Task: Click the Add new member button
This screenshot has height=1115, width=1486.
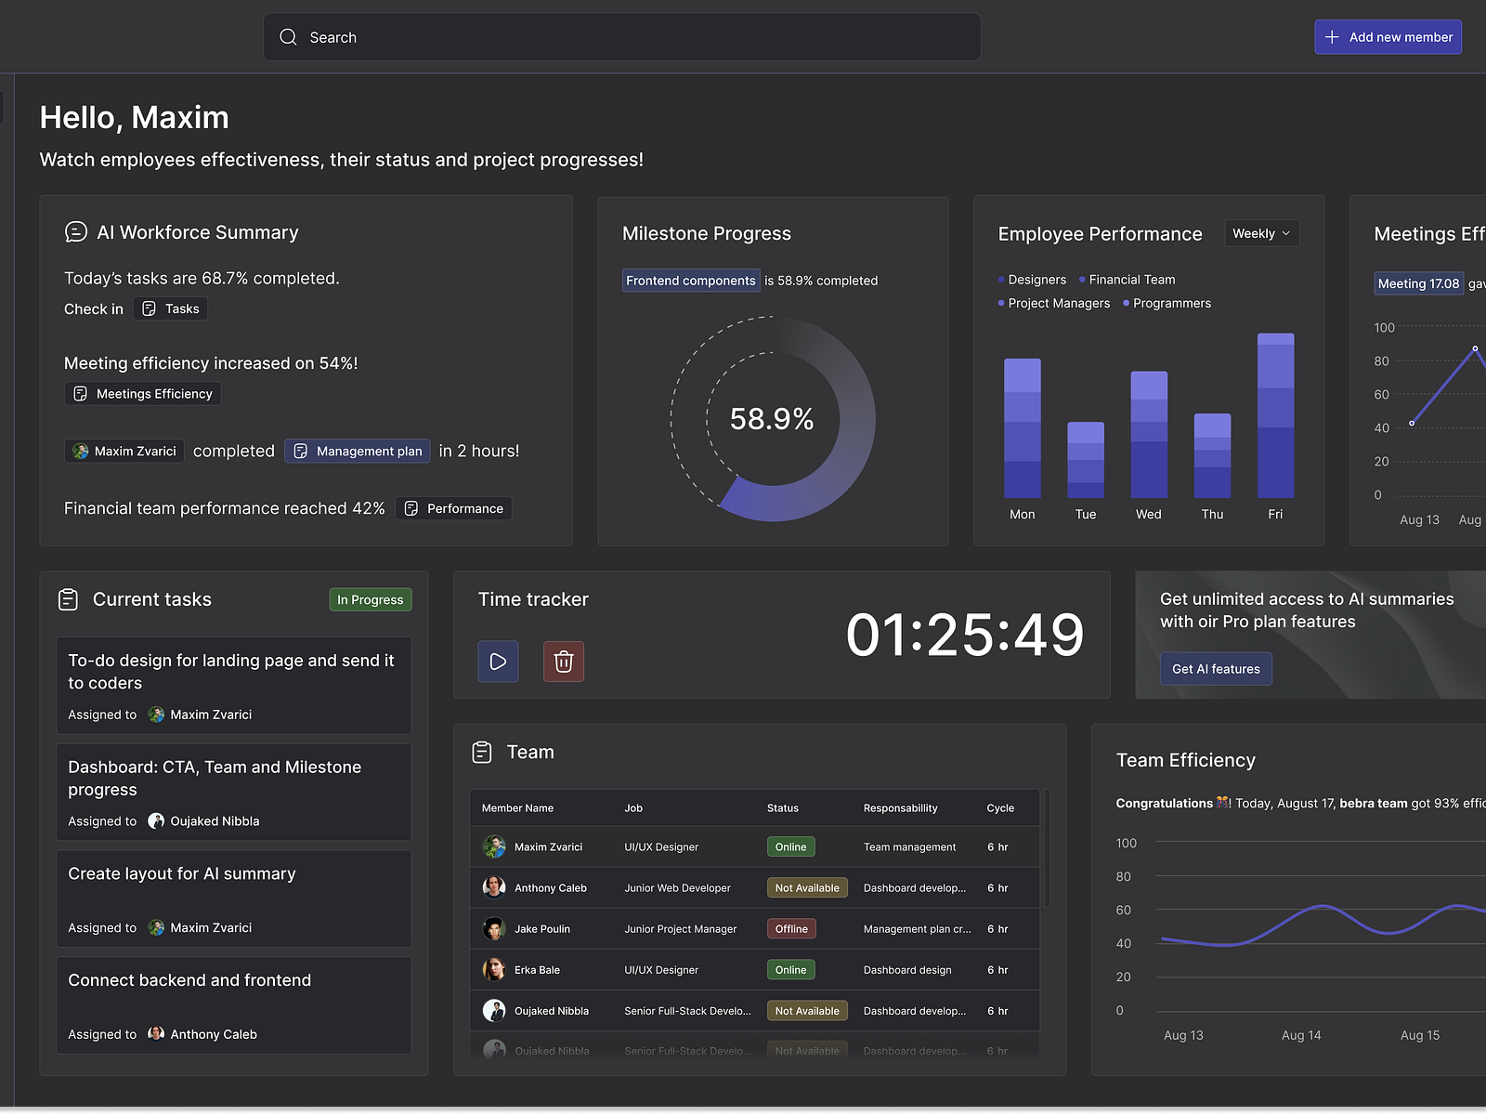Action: pos(1388,37)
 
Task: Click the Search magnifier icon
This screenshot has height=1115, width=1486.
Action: pos(289,37)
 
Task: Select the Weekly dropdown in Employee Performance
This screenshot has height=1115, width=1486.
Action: pos(1260,233)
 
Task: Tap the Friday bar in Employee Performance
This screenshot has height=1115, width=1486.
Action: pos(1275,415)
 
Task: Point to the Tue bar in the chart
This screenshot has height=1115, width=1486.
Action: pos(1086,460)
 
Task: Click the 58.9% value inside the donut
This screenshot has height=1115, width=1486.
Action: pos(772,419)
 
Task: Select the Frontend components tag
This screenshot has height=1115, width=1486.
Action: pos(690,281)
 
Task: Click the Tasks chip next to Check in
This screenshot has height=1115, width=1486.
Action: pos(171,308)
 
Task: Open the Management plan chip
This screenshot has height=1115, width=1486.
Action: pos(358,451)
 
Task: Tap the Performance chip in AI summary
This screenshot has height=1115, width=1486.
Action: pos(454,508)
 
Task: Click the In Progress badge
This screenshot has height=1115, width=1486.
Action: pos(370,600)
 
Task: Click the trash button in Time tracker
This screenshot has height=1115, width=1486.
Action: pos(564,662)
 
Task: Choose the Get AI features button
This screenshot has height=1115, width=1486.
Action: pos(1216,669)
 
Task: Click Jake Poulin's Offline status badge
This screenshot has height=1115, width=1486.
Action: pos(791,929)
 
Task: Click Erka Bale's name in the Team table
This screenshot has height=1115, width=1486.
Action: pos(537,970)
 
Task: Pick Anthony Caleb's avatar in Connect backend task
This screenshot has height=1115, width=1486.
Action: pos(156,1034)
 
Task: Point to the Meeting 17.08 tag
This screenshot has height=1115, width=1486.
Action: pos(1418,283)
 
